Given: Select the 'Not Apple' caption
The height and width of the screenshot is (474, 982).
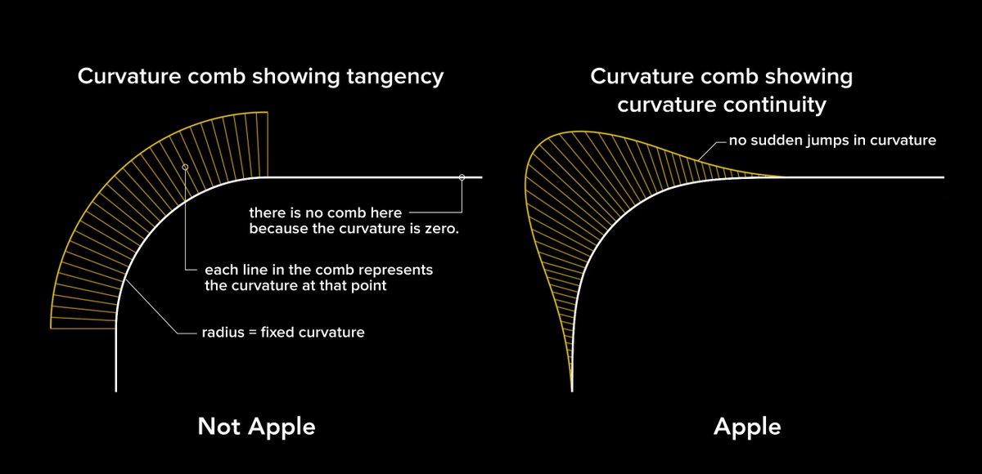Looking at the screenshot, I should tap(256, 426).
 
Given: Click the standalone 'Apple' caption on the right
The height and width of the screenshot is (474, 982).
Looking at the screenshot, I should tap(747, 426).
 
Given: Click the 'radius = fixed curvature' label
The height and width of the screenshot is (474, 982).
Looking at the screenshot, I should tap(282, 333).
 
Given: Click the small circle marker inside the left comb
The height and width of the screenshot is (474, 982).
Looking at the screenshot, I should tap(186, 167).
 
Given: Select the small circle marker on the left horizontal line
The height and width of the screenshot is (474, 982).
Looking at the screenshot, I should tap(462, 177).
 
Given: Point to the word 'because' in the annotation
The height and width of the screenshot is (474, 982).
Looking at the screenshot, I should tap(276, 229).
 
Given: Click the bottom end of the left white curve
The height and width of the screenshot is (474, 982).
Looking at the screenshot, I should tap(116, 389).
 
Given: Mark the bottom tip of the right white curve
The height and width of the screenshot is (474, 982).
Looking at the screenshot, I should tap(571, 389).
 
